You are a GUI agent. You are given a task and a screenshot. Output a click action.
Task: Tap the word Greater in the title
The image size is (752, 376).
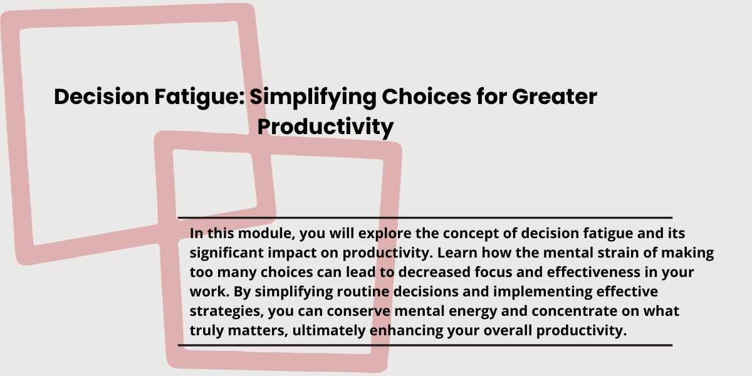555,97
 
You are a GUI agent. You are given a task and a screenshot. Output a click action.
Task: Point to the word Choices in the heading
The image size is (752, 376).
426,97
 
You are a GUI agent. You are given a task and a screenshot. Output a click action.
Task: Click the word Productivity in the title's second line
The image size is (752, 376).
326,127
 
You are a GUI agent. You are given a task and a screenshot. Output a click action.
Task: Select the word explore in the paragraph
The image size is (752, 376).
385,234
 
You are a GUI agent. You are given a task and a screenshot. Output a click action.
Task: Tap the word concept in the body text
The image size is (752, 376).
471,234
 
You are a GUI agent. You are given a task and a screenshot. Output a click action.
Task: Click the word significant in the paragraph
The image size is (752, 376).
227,253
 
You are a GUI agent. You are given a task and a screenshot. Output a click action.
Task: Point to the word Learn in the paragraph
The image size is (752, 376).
457,253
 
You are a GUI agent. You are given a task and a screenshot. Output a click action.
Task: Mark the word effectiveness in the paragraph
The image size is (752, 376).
593,272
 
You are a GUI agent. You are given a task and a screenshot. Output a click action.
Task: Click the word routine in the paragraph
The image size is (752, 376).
363,292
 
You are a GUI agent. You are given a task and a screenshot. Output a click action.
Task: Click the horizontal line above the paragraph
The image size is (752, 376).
425,218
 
